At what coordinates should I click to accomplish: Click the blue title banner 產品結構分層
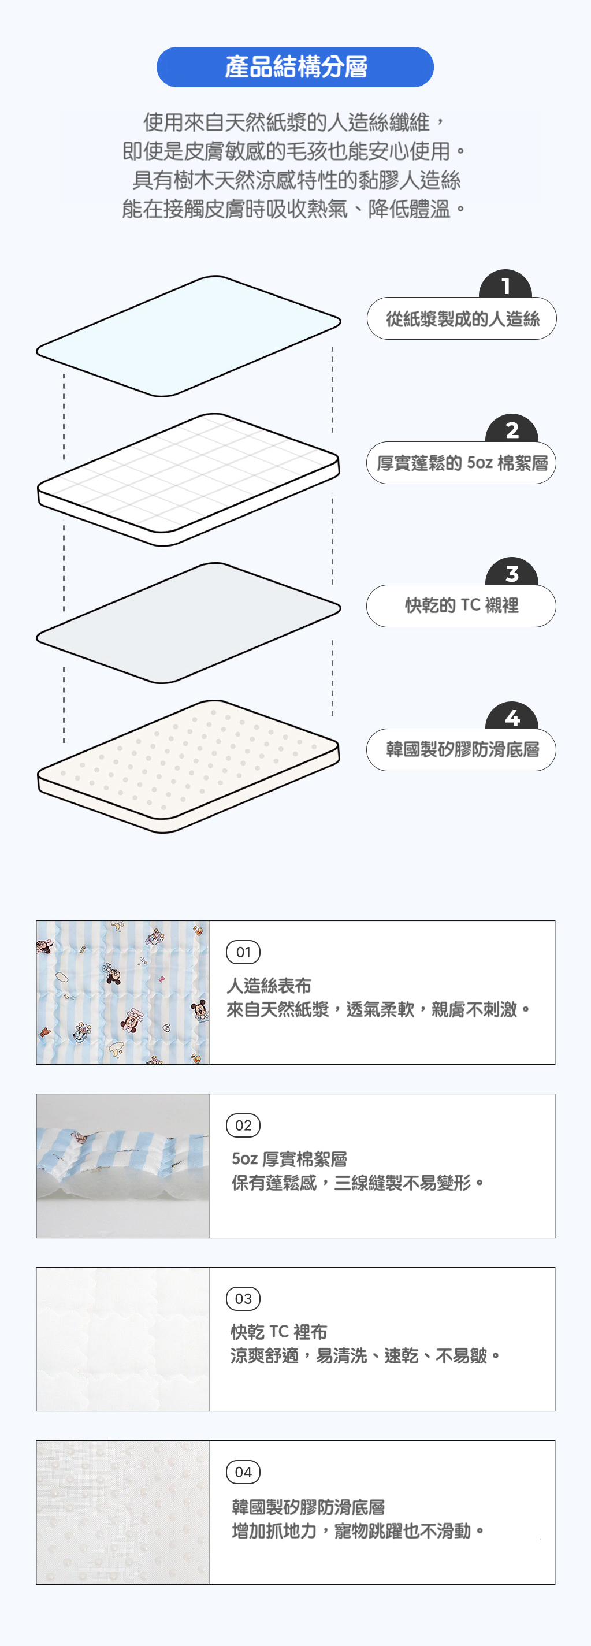[x=295, y=67]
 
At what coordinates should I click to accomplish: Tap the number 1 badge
[x=505, y=284]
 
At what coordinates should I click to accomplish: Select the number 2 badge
[x=512, y=429]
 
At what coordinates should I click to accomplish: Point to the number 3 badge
[x=512, y=572]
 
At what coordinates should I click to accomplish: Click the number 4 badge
[x=512, y=716]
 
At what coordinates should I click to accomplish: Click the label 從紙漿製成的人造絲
[x=462, y=318]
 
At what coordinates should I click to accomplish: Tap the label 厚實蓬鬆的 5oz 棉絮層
[x=461, y=463]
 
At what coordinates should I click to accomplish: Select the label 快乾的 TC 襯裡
[x=461, y=605]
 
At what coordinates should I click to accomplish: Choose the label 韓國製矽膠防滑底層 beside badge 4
[x=461, y=749]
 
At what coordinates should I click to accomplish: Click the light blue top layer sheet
[x=188, y=336]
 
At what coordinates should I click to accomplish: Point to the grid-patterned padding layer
[x=188, y=479]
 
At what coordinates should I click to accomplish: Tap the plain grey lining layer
[x=188, y=623]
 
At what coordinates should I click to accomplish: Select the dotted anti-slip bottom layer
[x=188, y=766]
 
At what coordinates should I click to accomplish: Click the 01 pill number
[x=243, y=952]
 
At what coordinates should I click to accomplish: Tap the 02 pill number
[x=243, y=1125]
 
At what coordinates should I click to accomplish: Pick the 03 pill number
[x=243, y=1298]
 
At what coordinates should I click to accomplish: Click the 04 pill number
[x=243, y=1472]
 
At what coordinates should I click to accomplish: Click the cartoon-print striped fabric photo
[x=122, y=993]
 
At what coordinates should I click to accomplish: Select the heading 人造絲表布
[x=269, y=986]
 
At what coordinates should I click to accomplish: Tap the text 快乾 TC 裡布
[x=278, y=1332]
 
